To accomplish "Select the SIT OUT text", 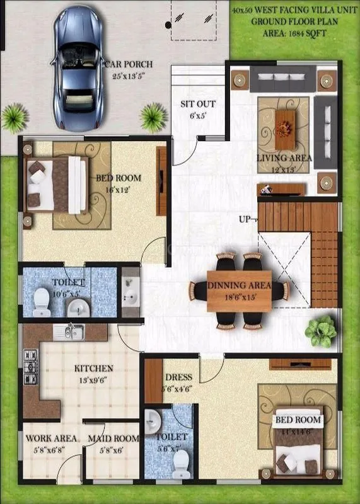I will coord(198,104).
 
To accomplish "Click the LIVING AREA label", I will coord(284,158).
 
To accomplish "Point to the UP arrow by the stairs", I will coord(245,219).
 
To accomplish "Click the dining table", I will coord(239,290).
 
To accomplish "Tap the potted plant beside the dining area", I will coord(320,329).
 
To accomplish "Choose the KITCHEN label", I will coord(94,368).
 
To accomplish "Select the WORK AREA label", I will coord(51,438).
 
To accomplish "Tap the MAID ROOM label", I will coord(113,438).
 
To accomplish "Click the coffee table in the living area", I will coord(287,122).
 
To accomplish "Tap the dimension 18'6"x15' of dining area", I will coord(240,295).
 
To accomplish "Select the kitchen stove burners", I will coord(29,368).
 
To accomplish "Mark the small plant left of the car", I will coord(13,117).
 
